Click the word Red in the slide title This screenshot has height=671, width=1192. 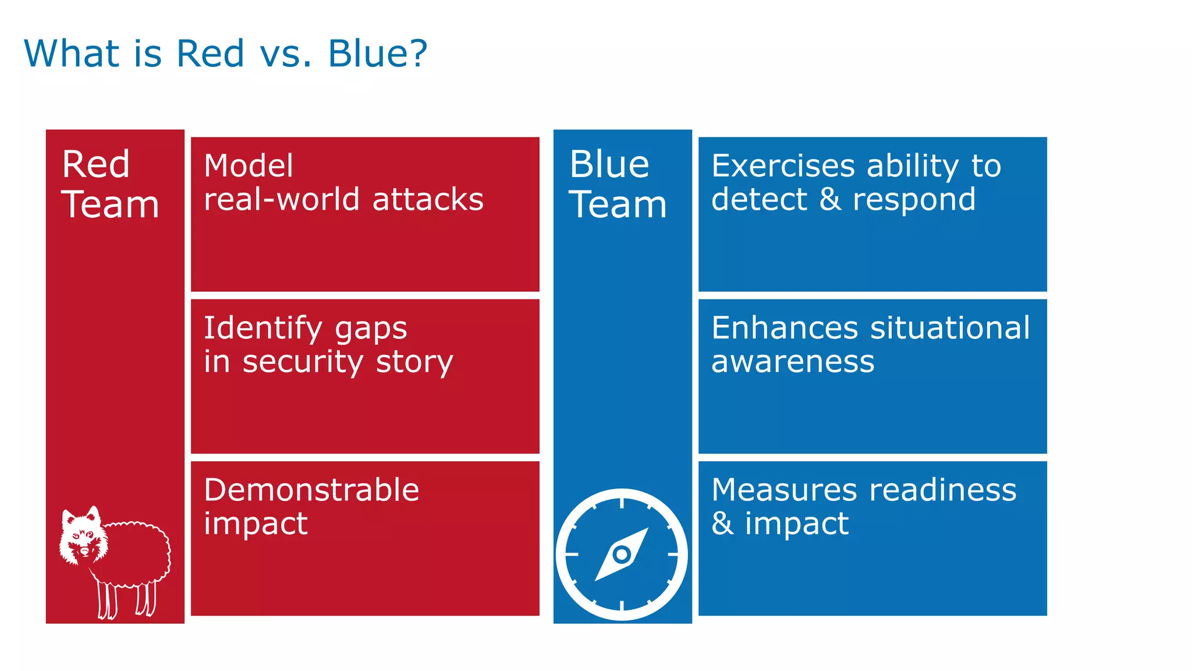tap(210, 54)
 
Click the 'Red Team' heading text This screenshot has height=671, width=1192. tap(109, 184)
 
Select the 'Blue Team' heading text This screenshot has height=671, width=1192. tap(617, 184)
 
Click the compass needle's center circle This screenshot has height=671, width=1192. tap(622, 554)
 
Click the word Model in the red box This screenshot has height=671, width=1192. tap(249, 166)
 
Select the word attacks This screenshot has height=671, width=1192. tap(428, 200)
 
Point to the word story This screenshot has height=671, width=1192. tap(414, 362)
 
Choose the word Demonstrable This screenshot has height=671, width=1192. tap(311, 490)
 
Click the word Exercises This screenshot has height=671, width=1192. tap(784, 166)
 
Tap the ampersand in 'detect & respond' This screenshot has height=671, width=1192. tap(830, 200)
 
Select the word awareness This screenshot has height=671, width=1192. tap(793, 362)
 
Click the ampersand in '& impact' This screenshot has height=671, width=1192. tap(722, 523)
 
